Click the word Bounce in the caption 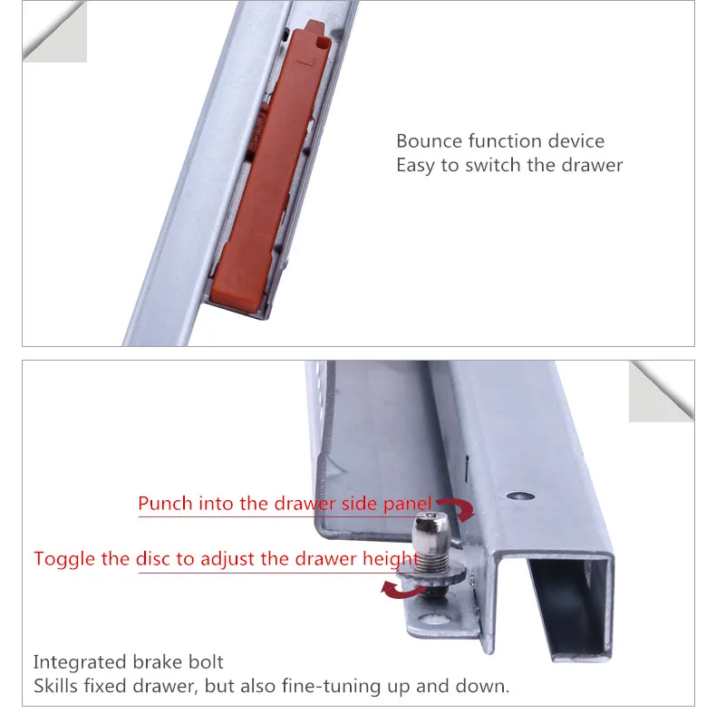pyautogui.click(x=429, y=141)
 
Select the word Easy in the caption pyautogui.click(x=415, y=166)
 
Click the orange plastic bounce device pyautogui.click(x=270, y=166)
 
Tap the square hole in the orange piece pyautogui.click(x=324, y=43)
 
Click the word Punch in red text pyautogui.click(x=165, y=503)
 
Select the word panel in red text pyautogui.click(x=408, y=504)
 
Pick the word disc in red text pyautogui.click(x=154, y=558)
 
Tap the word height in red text pyautogui.click(x=391, y=559)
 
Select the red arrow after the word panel pyautogui.click(x=458, y=508)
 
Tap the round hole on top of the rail pyautogui.click(x=520, y=496)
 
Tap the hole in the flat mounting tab pyautogui.click(x=431, y=618)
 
